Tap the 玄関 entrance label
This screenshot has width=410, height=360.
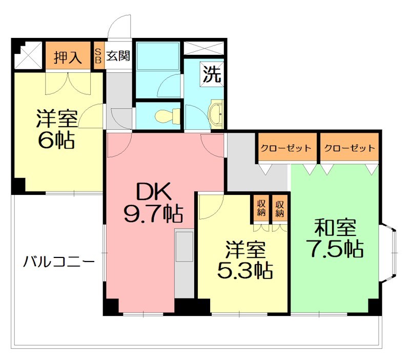(118, 56)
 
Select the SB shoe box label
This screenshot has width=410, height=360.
(98, 56)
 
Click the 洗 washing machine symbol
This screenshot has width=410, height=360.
(212, 75)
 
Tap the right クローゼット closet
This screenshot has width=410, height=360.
(350, 148)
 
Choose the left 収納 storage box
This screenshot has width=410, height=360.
(261, 208)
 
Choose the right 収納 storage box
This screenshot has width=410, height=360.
(279, 208)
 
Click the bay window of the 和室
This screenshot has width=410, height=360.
(389, 251)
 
